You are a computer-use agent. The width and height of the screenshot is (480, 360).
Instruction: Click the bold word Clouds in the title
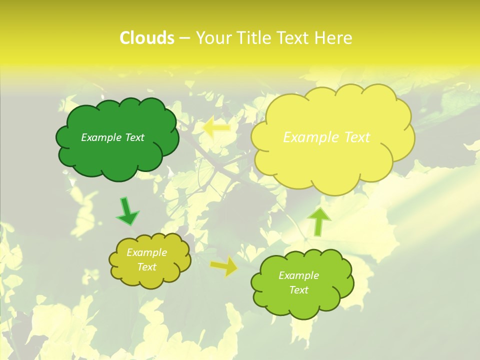point(147,38)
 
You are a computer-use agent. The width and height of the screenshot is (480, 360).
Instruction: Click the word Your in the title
point(213,38)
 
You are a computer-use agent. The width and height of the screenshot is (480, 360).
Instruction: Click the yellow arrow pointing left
point(216,127)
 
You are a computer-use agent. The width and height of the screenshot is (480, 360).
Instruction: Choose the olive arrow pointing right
point(224,266)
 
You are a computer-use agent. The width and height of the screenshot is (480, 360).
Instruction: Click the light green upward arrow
point(318,221)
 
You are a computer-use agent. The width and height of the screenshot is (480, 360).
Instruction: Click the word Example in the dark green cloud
point(101,137)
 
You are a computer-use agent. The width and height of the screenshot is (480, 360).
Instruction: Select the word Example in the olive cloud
point(147,252)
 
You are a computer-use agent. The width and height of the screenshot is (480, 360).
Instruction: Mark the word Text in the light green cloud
point(299,290)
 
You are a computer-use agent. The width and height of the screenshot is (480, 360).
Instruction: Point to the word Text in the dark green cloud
point(134,137)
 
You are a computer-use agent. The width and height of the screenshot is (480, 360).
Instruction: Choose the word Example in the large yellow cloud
point(308,137)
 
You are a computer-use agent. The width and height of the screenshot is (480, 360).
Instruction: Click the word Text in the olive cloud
point(147,267)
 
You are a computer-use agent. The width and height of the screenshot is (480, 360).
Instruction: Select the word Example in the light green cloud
point(299,275)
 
